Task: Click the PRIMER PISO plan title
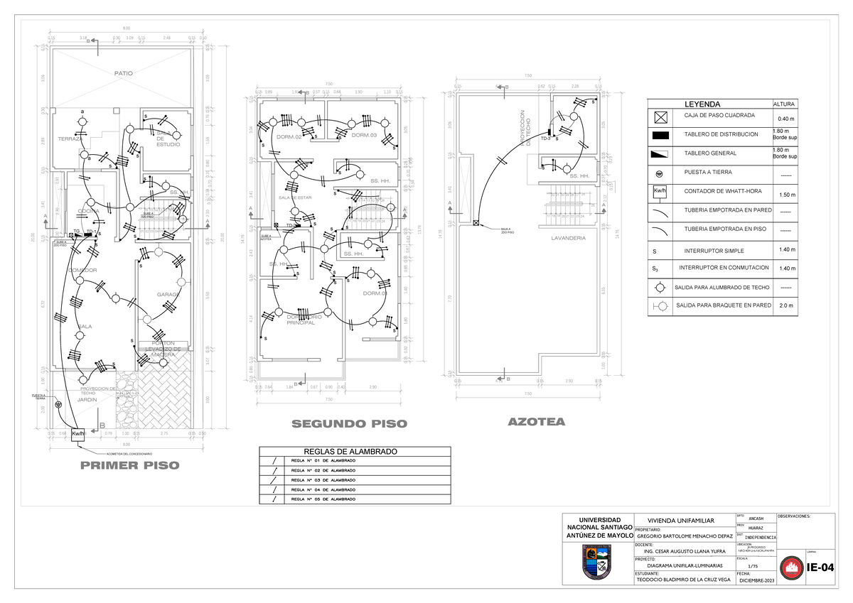click(x=129, y=466)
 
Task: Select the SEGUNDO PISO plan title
click(x=349, y=424)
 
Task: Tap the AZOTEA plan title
click(x=537, y=422)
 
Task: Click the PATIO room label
click(x=124, y=73)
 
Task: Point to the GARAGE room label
click(x=168, y=294)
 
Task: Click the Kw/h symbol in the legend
click(x=660, y=192)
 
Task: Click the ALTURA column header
click(x=783, y=104)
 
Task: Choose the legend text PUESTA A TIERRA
click(x=708, y=173)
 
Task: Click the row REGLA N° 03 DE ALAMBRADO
click(x=323, y=480)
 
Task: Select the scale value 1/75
click(x=753, y=565)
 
